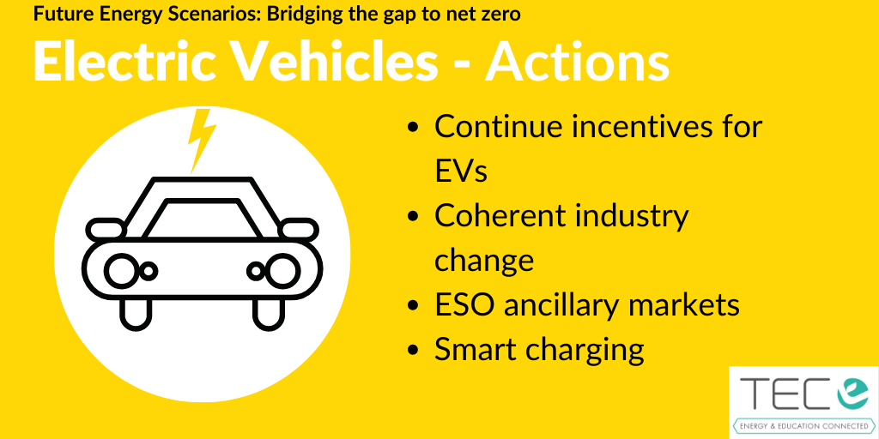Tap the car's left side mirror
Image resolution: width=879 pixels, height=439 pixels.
pyautogui.click(x=106, y=228)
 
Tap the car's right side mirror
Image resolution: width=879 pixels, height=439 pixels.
pyautogui.click(x=299, y=229)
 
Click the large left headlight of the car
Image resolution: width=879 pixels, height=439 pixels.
pyautogui.click(x=122, y=270)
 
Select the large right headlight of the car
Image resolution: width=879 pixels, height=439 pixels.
pyautogui.click(x=283, y=270)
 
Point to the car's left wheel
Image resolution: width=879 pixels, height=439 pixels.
pyautogui.click(x=136, y=313)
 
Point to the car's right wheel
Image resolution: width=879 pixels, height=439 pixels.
pyautogui.click(x=269, y=313)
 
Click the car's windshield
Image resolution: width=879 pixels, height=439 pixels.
pyautogui.click(x=202, y=218)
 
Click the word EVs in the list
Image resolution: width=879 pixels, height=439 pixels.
pyautogui.click(x=461, y=171)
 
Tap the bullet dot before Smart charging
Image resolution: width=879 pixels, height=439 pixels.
pyautogui.click(x=414, y=350)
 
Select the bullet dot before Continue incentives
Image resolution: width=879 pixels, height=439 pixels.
pyautogui.click(x=414, y=128)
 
